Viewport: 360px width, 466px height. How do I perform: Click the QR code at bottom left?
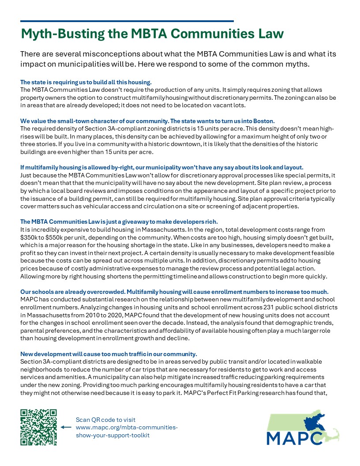39,427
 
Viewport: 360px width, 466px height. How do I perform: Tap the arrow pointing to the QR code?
66,427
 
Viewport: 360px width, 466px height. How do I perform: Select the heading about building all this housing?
86,82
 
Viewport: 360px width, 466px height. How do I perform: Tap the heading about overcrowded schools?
174,292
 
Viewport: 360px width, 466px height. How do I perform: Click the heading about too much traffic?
109,354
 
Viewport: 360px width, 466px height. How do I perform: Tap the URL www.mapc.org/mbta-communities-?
127,428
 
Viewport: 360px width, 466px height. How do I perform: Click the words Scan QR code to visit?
105,420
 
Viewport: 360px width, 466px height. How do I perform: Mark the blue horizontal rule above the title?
127,21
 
